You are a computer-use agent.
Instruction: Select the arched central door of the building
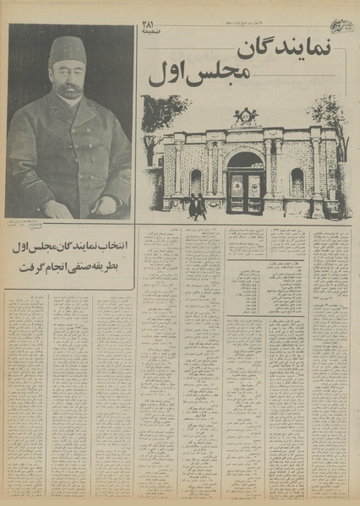[x=246, y=185]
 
